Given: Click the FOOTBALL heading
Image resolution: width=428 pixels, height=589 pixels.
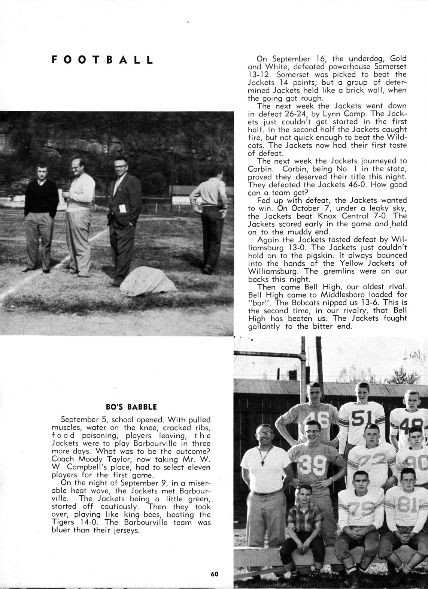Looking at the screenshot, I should point(102,60).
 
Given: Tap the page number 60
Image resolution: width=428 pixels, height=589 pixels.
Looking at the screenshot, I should point(214,574).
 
